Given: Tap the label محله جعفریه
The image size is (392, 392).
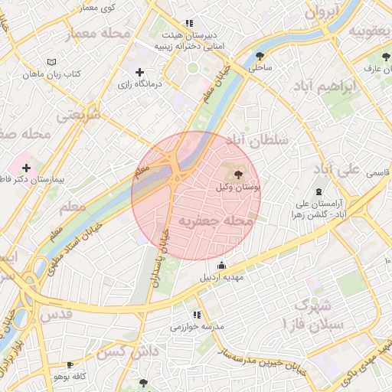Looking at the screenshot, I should coord(216,220).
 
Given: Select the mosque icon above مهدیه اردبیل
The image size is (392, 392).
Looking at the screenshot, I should coord(222,265).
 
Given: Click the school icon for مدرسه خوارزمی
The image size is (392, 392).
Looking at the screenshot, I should coord(198,314).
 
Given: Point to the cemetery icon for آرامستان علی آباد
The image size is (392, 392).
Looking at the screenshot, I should coord(318,191).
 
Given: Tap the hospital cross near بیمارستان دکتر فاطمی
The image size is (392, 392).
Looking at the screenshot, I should coord(27,167).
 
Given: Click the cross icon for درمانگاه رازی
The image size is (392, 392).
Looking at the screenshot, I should coord(139,72).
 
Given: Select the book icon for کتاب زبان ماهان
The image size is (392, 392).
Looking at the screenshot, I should coord(51,62).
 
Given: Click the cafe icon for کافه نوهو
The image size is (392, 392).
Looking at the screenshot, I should coord(70,365).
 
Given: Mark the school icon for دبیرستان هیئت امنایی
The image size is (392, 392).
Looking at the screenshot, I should coord(189,23).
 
